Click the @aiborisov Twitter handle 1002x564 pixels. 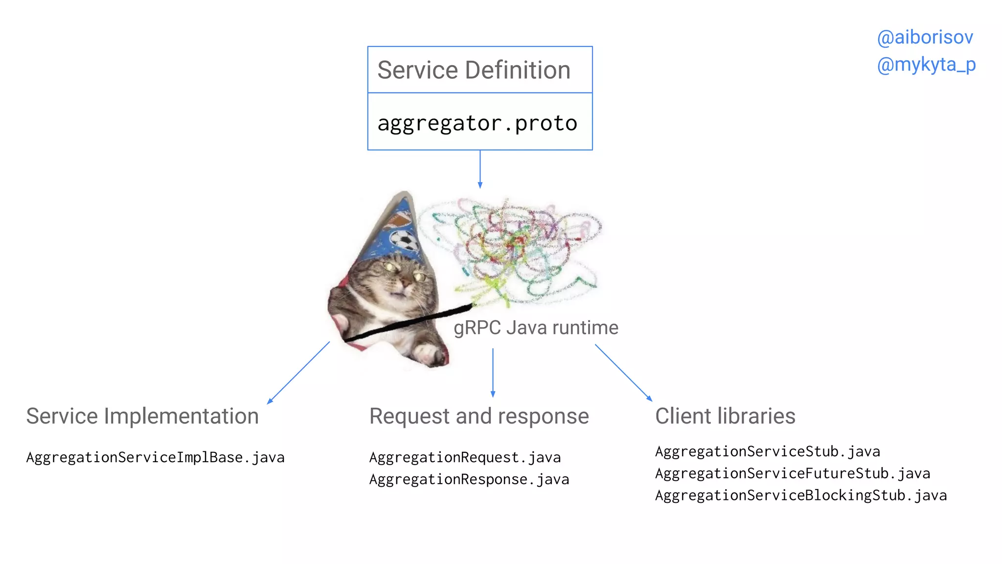[x=924, y=38]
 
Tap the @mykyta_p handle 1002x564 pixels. [x=926, y=65]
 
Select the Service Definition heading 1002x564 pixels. [x=474, y=70]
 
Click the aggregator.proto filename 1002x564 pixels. [x=477, y=123]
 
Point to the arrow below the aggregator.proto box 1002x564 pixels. [x=480, y=169]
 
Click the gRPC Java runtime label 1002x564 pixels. [x=536, y=328]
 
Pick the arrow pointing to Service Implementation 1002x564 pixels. [x=298, y=373]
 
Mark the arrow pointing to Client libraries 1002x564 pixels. [x=623, y=373]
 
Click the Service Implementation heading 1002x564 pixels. [x=142, y=416]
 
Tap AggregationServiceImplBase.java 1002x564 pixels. [x=155, y=457]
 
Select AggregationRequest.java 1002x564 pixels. [x=465, y=457]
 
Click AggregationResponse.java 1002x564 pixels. [x=469, y=479]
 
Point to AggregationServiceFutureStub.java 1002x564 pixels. [x=792, y=473]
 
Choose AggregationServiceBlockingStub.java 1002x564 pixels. [x=800, y=495]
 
